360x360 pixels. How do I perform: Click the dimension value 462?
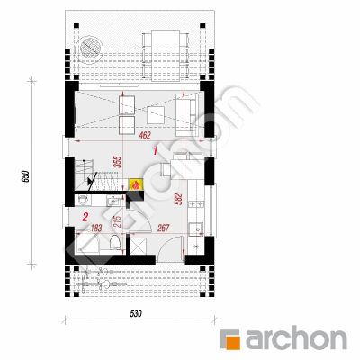145,135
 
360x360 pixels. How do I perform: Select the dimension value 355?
118,162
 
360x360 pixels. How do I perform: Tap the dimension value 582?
178,199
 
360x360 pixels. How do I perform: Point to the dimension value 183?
96,228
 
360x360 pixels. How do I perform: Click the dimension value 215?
118,221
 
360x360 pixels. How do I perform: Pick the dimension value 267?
164,228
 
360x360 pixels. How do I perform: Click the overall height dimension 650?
25,176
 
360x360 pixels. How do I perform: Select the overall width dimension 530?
136,314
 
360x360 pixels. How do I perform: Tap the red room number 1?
155,151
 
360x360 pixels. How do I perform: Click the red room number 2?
85,217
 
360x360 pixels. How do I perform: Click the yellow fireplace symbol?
136,184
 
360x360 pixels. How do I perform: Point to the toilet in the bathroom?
115,242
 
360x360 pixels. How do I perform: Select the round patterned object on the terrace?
90,49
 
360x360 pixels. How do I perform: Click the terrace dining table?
166,56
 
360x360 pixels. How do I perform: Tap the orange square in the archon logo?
233,340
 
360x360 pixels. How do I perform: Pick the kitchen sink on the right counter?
195,229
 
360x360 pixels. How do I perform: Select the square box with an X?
138,246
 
